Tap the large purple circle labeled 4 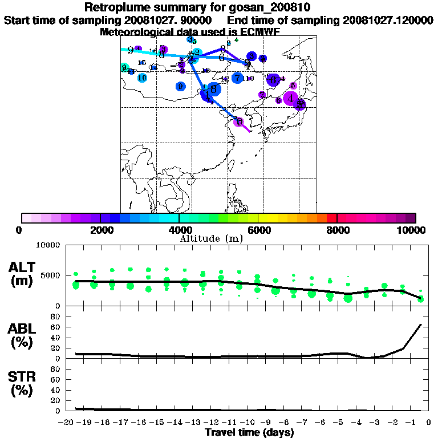click(x=291, y=99)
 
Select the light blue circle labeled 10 click(x=142, y=78)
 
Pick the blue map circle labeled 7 click(x=237, y=78)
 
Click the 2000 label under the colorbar click(x=100, y=230)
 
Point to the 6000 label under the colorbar click(x=258, y=230)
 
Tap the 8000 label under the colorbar click(x=337, y=230)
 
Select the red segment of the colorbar click(x=331, y=218)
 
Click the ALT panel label click(x=23, y=267)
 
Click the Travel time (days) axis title click(x=249, y=433)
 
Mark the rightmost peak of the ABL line click(x=421, y=325)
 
